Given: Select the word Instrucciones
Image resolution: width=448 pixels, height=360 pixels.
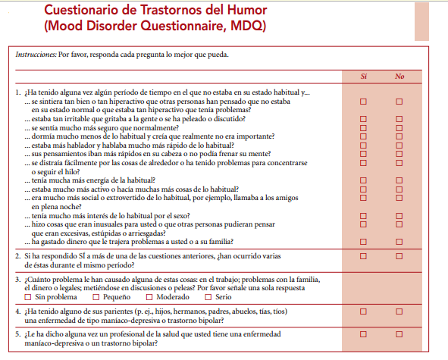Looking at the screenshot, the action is click(35, 55).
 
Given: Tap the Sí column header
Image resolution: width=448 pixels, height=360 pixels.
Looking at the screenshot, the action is click(363, 77).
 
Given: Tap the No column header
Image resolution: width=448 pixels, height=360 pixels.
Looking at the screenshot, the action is click(400, 77).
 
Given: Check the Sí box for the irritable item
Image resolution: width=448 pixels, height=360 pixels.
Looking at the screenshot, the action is click(363, 118).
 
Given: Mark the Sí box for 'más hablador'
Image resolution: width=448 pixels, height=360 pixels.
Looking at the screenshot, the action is click(363, 145).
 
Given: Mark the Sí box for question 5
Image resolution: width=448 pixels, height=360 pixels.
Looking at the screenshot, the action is click(363, 333).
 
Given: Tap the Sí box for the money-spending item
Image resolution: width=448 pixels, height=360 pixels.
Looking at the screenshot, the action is click(363, 242).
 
